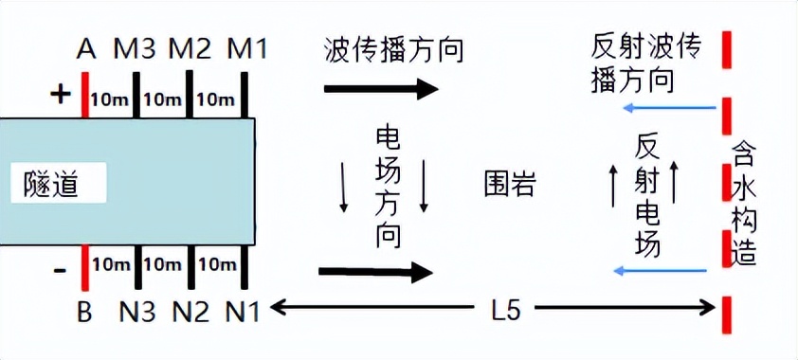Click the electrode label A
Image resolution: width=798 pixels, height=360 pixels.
click(86, 48)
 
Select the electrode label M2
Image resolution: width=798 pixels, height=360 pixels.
click(190, 48)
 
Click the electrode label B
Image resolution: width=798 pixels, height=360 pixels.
click(84, 311)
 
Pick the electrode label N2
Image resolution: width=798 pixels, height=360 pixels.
click(190, 311)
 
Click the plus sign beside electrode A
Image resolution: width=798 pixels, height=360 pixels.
click(60, 94)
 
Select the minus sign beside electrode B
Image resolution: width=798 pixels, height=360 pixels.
click(60, 271)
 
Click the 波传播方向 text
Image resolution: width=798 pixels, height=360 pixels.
click(393, 49)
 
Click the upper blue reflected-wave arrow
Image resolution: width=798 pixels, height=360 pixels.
click(668, 109)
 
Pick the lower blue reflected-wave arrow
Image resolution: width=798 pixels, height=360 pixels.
click(661, 271)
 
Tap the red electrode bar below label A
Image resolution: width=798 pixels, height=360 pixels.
click(85, 96)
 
